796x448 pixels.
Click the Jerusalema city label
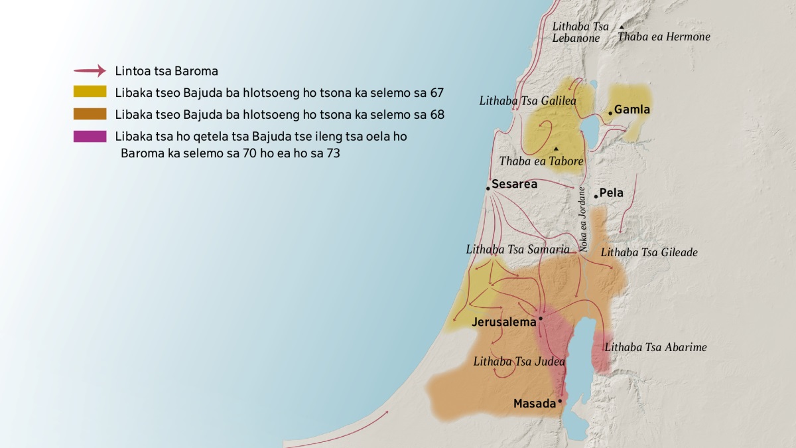pos(503,323)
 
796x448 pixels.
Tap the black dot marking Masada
pos(560,401)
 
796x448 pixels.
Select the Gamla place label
pos(632,110)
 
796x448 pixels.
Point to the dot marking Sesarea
pos(488,188)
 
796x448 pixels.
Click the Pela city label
pos(611,193)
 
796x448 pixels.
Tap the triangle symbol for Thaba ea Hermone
pos(622,27)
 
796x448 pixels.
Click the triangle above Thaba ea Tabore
pos(556,148)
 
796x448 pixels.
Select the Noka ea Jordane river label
pos(582,218)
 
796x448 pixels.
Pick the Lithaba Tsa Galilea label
pos(527,101)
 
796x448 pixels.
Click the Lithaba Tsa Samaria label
pos(517,250)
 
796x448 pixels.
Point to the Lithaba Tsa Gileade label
pos(649,252)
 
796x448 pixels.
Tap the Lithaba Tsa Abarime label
pos(655,346)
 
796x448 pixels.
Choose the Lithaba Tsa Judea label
pos(519,362)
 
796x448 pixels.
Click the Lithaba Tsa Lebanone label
pos(580,32)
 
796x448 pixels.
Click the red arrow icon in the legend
pos(90,70)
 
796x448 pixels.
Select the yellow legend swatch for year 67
pos(90,92)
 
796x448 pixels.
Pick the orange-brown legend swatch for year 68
pos(90,114)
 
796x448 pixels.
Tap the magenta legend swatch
pos(90,136)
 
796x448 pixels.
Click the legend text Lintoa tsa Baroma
pos(166,70)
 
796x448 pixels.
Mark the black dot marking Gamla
pos(610,113)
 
